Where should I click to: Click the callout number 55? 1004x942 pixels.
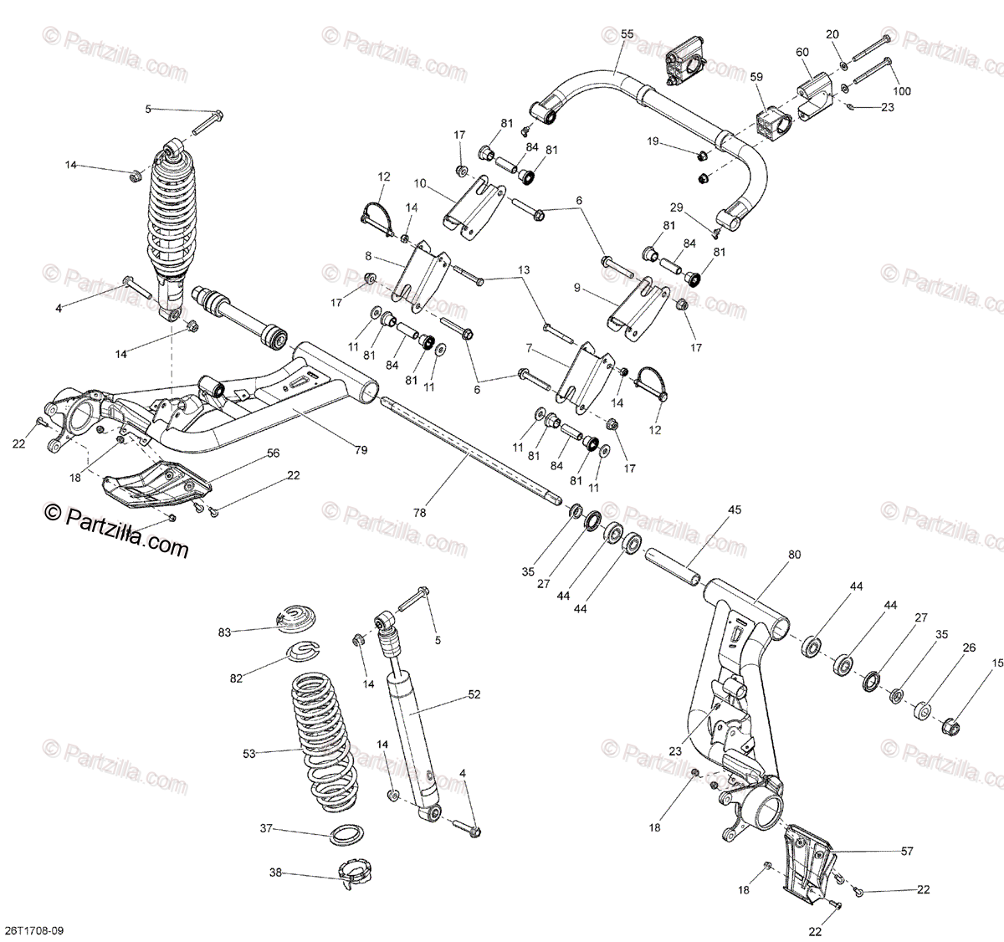pos(627,33)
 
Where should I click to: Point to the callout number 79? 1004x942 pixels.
pos(361,451)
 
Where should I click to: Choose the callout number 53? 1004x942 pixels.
pos(248,754)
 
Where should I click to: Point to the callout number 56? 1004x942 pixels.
pos(273,453)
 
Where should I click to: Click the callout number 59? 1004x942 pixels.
pos(756,77)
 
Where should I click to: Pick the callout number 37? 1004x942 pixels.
pos(266,829)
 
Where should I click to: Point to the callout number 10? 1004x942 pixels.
pos(419,182)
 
